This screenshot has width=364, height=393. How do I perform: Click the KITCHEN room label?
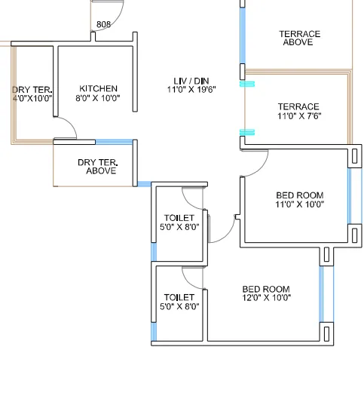[98, 89]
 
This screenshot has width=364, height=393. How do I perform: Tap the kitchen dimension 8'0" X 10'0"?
[97, 98]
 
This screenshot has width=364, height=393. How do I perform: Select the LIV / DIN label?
[191, 81]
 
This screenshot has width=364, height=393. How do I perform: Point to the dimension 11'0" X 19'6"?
[191, 89]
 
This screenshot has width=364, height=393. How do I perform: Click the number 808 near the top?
[104, 25]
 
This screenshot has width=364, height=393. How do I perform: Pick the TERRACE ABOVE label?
[299, 38]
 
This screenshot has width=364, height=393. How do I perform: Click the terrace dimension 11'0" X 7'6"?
[299, 116]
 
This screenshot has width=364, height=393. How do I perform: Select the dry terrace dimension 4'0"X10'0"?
[32, 98]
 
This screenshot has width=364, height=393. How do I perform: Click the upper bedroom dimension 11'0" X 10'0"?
[299, 204]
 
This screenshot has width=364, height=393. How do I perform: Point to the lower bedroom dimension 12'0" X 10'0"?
[266, 298]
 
